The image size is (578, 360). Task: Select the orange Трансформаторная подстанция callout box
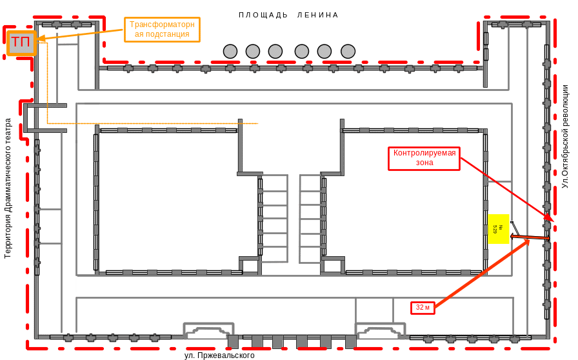click(162, 29)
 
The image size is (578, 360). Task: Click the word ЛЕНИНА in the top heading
click(317, 15)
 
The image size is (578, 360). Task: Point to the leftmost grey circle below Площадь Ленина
click(230, 51)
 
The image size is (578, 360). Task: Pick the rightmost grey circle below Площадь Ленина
click(348, 51)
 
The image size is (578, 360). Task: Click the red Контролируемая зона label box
click(424, 158)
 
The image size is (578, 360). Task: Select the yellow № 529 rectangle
click(499, 228)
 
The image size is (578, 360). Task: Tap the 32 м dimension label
click(423, 308)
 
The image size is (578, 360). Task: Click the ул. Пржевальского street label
click(219, 355)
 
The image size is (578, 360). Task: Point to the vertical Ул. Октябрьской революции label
click(566, 139)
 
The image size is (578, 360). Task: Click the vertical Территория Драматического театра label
click(8, 187)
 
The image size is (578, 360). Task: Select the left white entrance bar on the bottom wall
click(207, 335)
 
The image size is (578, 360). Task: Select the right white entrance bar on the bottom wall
click(379, 335)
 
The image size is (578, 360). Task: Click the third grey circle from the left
click(275, 51)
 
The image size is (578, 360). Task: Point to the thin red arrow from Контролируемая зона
click(503, 187)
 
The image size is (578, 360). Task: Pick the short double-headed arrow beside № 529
click(530, 237)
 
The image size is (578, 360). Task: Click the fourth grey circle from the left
click(301, 51)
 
